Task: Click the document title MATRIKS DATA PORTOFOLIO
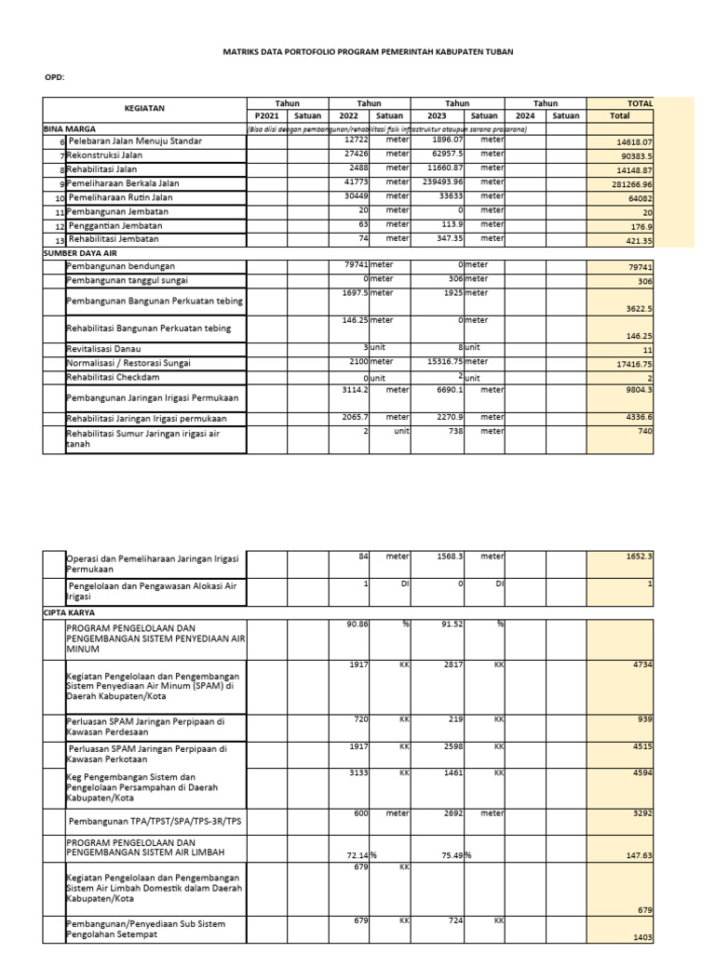(x=367, y=52)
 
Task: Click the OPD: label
(x=55, y=77)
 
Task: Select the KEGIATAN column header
(x=144, y=109)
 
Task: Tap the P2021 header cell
(x=266, y=116)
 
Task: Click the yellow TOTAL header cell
(x=640, y=103)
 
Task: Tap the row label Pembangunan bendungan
(x=120, y=266)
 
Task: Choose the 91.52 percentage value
(x=452, y=624)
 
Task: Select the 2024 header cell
(x=525, y=116)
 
